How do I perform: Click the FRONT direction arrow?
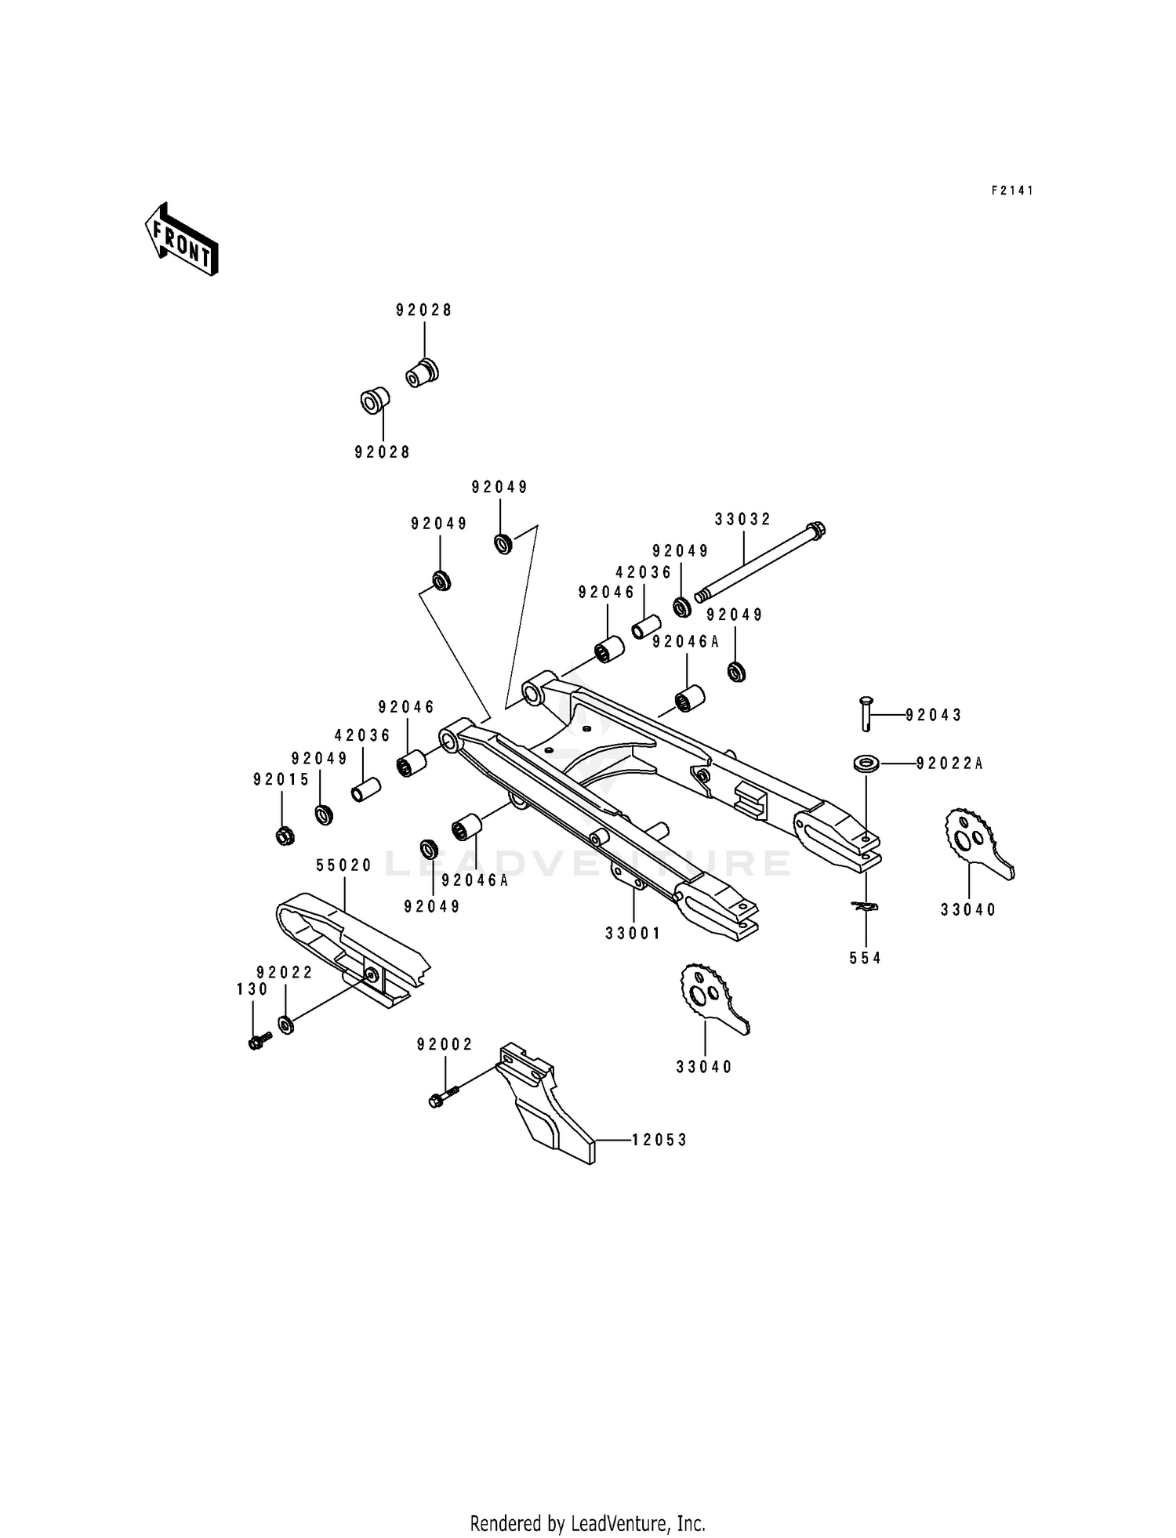coord(181,238)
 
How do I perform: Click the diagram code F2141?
coord(1012,190)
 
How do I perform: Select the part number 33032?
coord(742,519)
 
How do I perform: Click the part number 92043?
coord(933,715)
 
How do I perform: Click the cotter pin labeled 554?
coord(866,907)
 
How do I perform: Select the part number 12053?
coord(660,1140)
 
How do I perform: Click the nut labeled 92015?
coord(285,836)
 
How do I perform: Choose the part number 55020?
coord(343,865)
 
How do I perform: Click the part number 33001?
coord(633,933)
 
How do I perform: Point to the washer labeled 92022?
coord(286,1024)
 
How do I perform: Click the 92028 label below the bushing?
coord(382,452)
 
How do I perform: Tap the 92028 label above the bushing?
coord(423,310)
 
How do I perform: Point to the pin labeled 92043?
coord(866,713)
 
